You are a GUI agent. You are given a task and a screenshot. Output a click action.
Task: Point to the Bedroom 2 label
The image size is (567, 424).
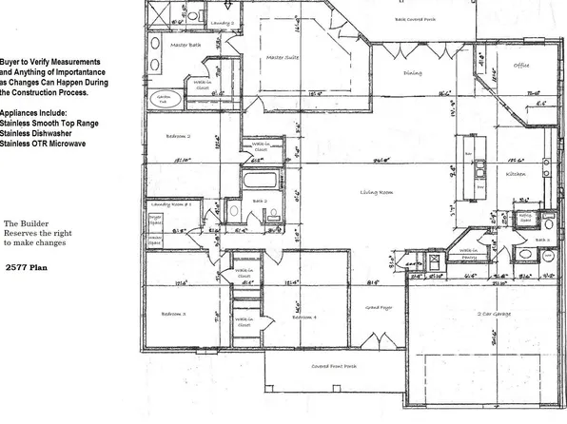click(178, 136)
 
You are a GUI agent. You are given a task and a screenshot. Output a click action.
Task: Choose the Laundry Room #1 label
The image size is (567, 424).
click(166, 205)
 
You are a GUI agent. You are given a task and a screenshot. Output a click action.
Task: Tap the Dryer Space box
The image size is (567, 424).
click(153, 224)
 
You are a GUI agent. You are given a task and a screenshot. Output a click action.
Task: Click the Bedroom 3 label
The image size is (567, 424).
click(173, 313)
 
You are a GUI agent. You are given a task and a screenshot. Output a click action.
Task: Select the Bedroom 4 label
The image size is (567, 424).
click(304, 317)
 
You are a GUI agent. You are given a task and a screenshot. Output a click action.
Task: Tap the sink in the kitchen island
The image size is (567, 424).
click(480, 168)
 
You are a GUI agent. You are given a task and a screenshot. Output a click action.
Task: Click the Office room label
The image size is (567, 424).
click(521, 66)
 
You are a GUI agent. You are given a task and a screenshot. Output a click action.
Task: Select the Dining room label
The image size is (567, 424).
click(413, 72)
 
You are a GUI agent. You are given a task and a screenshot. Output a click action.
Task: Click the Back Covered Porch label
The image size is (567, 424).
click(415, 18)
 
